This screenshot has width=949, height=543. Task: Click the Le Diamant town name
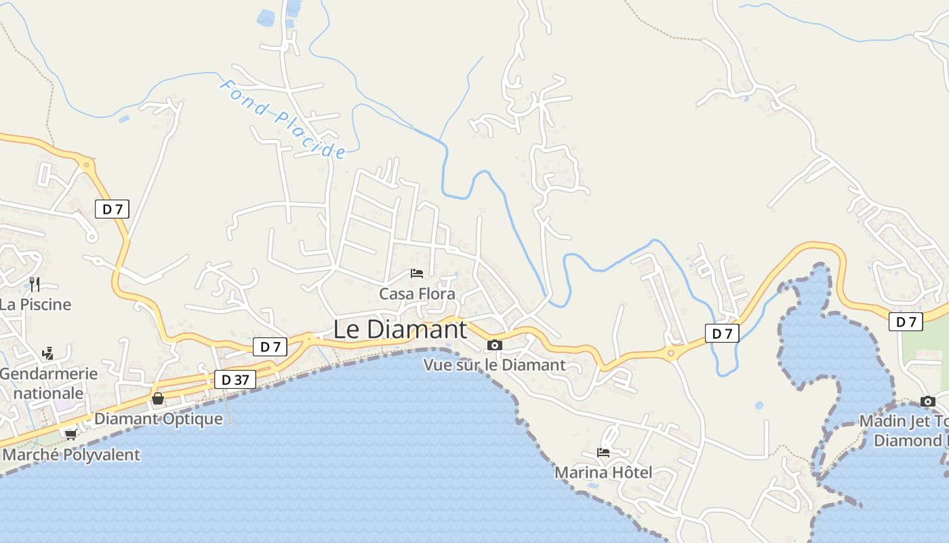[x=400, y=329]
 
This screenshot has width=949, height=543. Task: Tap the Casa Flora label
[x=417, y=294]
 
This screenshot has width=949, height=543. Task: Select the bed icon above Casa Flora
[x=417, y=274]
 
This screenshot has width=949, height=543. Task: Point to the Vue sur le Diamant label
[x=494, y=364]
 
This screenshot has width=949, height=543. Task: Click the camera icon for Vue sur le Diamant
[x=495, y=345]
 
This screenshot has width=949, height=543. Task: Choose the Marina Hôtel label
[x=603, y=472]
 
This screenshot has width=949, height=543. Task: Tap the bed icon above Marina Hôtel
[x=603, y=453]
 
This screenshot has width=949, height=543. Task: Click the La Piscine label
[x=35, y=304]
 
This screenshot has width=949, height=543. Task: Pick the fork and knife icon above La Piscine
[x=34, y=284]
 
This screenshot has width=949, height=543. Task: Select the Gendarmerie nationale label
[x=48, y=383]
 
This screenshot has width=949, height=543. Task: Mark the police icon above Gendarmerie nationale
[x=47, y=353]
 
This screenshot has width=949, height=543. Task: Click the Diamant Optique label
[x=158, y=418]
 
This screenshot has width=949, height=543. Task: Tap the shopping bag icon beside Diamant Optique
[x=158, y=398]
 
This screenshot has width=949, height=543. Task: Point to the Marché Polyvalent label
[x=71, y=454]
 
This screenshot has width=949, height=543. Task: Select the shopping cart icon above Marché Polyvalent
[x=70, y=434]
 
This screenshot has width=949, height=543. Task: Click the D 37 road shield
[x=235, y=379]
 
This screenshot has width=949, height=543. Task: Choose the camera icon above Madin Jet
[x=928, y=401]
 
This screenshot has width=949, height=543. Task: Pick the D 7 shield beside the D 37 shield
[x=270, y=347]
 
